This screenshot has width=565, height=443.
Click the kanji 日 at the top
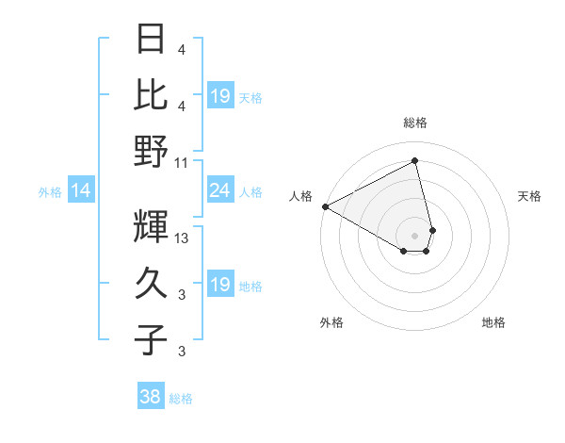click(152, 41)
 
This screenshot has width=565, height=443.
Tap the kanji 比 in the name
click(152, 95)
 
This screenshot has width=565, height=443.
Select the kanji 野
click(152, 151)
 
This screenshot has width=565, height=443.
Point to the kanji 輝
click(152, 225)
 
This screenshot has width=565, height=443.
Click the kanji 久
click(152, 282)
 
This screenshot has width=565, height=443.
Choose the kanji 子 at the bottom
click(152, 339)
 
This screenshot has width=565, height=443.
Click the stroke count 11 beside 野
click(182, 162)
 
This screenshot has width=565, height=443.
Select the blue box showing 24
click(219, 191)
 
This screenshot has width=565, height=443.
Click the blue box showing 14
click(81, 191)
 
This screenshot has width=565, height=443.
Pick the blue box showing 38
click(151, 398)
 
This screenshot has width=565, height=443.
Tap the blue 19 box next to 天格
click(219, 96)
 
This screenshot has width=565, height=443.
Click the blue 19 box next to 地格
click(219, 285)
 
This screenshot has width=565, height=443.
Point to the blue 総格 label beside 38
click(181, 399)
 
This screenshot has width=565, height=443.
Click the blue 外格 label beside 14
click(50, 192)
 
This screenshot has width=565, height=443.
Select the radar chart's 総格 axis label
click(415, 123)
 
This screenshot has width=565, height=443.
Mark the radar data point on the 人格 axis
click(325, 206)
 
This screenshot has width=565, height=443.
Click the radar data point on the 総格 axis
click(415, 161)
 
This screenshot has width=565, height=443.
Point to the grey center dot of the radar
click(415, 235)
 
